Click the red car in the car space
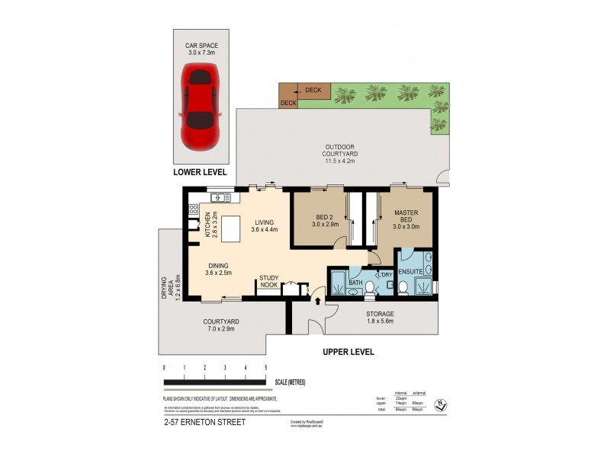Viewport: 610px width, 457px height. [201, 106]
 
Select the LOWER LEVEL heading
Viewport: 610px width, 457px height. [201, 172]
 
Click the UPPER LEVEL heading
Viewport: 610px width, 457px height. [348, 352]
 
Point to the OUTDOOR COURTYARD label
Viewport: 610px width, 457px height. [341, 151]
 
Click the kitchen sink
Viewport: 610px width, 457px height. [216, 198]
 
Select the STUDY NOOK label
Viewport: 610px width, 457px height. [269, 281]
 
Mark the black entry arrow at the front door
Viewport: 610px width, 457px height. [318, 302]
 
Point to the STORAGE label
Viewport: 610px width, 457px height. [379, 318]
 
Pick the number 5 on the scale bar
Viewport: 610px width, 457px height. [265, 368]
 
